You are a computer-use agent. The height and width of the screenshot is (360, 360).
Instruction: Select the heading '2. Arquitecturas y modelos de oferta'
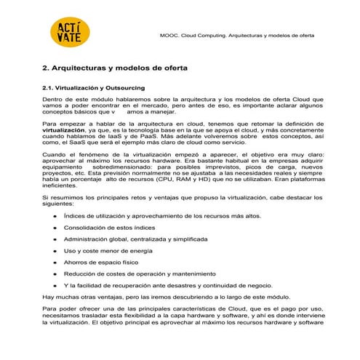pyautogui.click(x=115, y=68)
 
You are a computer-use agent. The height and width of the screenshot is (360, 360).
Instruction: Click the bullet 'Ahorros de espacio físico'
pyautogui.click(x=100, y=262)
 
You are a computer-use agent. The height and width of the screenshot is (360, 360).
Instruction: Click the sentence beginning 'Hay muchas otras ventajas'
pyautogui.click(x=166, y=297)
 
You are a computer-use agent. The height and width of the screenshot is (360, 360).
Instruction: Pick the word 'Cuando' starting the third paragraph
pyautogui.click(x=54, y=156)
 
